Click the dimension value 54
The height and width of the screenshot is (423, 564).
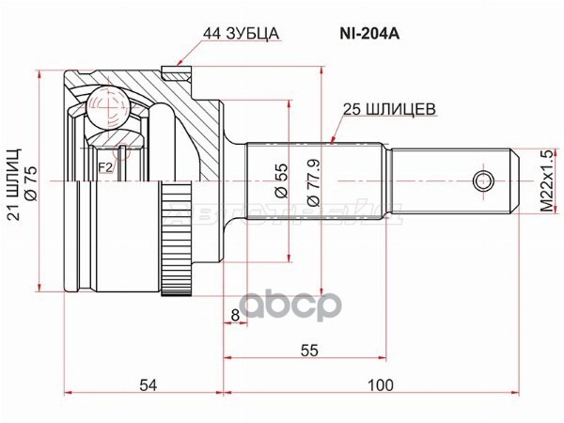click(146, 384)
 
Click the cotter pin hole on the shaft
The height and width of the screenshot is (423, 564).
click(483, 180)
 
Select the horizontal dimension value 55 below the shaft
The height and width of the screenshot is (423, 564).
click(309, 350)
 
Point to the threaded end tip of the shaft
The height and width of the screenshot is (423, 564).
click(511, 180)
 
